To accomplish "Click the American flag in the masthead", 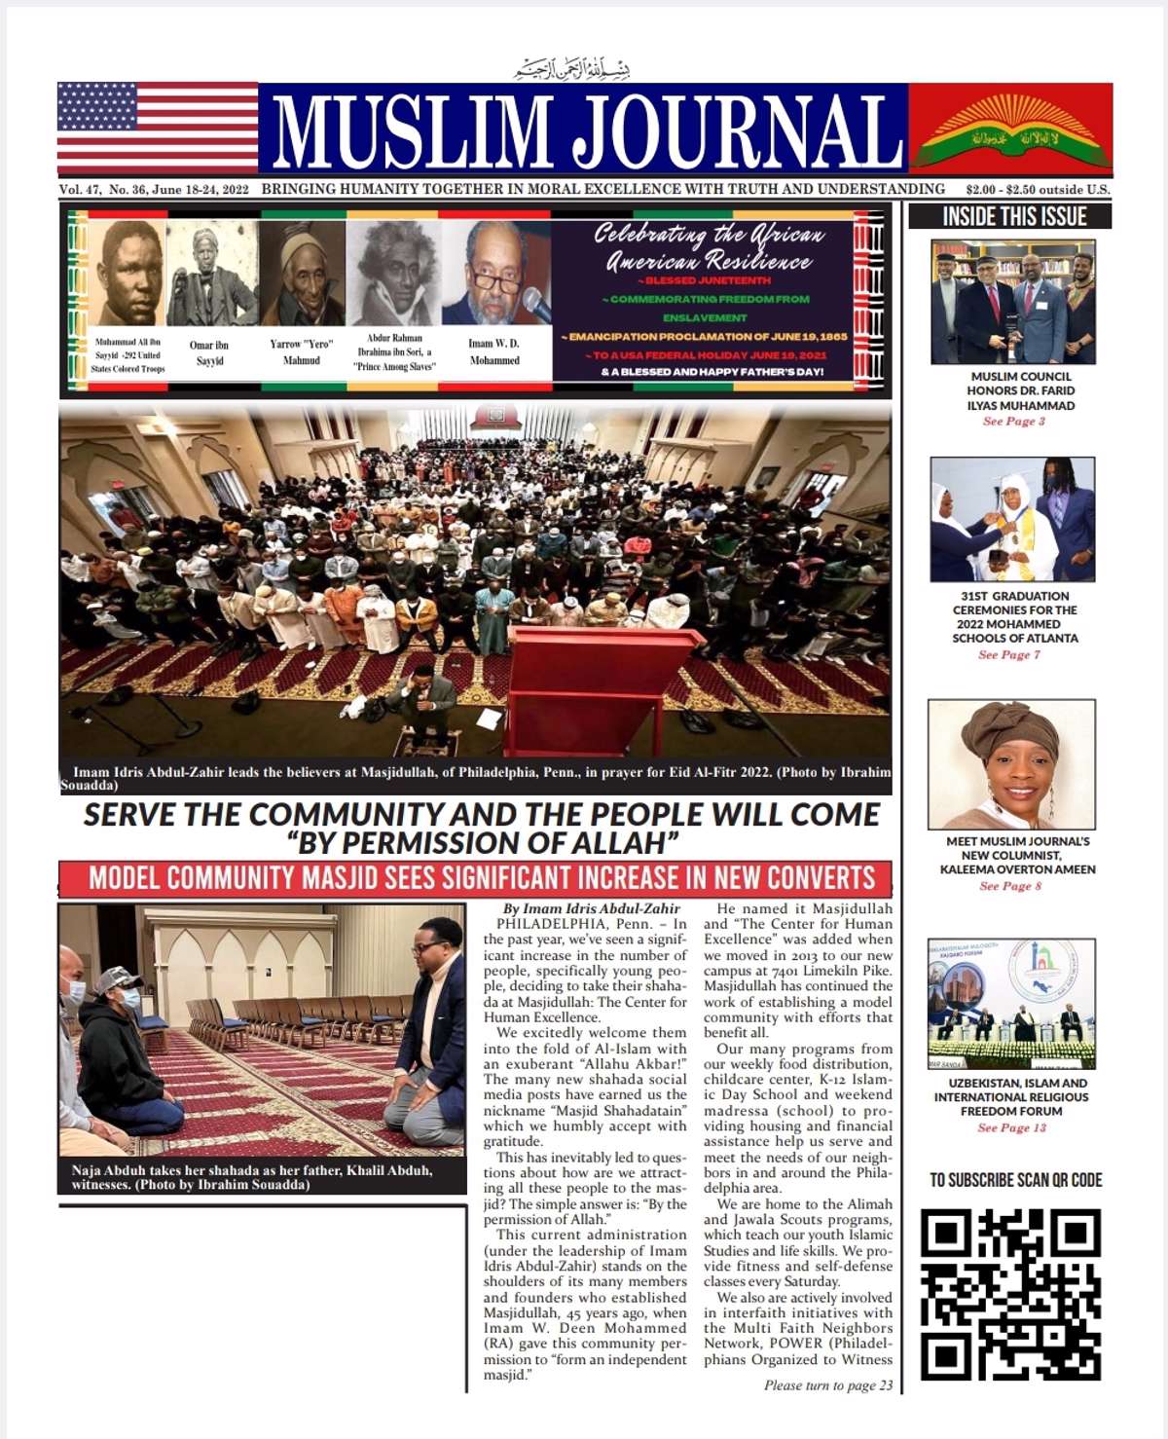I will coord(158,128).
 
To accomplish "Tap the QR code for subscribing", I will coord(1011,1294).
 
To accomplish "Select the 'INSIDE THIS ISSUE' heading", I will coord(1014,216).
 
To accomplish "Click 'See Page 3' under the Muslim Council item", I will coord(1013,422).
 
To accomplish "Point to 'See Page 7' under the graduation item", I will coord(1009,655).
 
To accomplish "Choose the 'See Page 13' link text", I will coord(1011,1127).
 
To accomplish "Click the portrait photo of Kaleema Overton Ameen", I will coord(1011,764).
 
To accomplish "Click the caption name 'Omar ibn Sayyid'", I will coord(209,352).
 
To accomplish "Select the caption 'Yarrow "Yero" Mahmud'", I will coord(301,351).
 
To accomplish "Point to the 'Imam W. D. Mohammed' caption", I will coord(494,351).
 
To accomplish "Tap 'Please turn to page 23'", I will coord(827,1385).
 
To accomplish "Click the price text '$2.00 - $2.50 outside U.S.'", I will coord(1037,190).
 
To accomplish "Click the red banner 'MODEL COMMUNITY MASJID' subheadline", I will coord(481,878).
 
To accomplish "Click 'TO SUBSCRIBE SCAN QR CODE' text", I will coord(1015,1180).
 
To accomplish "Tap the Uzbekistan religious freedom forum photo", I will coord(1011,1004).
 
